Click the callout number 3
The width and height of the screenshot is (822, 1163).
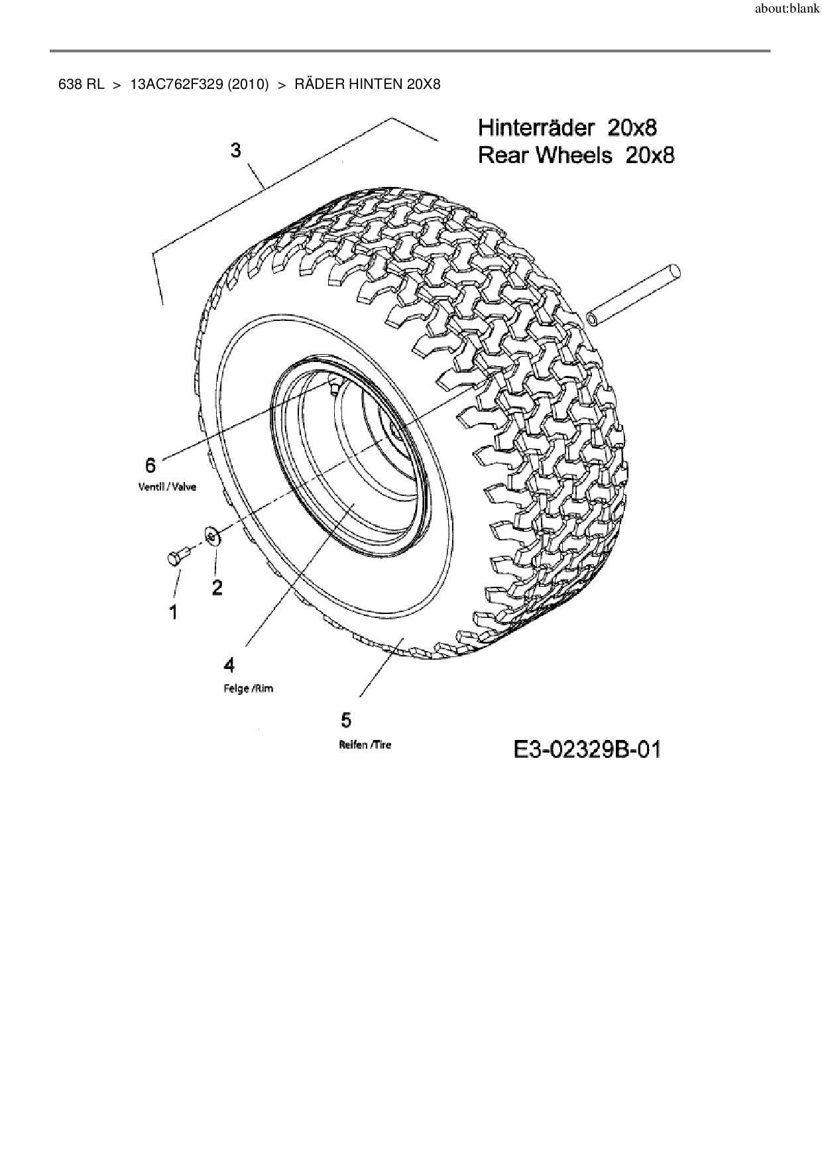click(x=236, y=151)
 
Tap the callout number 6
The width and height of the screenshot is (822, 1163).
click(x=150, y=465)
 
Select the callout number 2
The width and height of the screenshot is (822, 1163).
click(x=217, y=587)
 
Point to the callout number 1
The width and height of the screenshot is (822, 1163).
click(x=174, y=612)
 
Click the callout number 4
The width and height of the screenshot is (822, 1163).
click(x=229, y=664)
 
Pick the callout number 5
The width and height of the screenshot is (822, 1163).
click(x=346, y=720)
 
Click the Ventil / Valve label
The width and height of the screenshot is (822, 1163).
click(x=167, y=487)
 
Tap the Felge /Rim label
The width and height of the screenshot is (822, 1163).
click(x=248, y=688)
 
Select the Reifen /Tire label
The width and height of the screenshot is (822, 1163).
click(x=365, y=745)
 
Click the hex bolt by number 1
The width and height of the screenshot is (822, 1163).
click(x=176, y=558)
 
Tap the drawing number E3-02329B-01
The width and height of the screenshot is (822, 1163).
click(x=587, y=750)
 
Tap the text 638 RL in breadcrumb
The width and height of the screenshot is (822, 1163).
click(x=82, y=84)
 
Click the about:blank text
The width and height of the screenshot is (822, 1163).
click(x=787, y=10)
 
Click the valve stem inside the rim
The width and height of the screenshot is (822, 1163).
click(x=333, y=385)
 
